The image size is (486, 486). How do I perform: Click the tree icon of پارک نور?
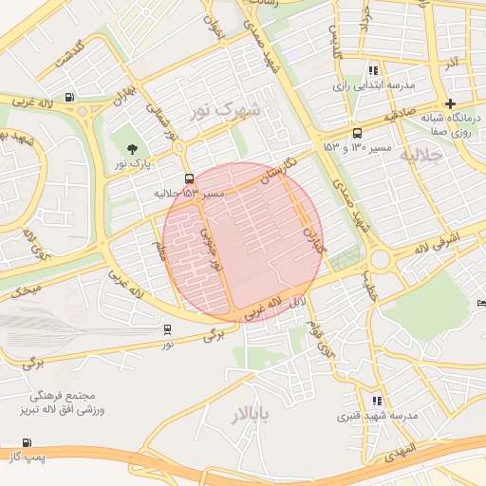click(131, 148)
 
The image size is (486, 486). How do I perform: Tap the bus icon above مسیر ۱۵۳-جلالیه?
click(189, 178)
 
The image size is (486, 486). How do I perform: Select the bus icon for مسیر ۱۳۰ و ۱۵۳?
click(357, 133)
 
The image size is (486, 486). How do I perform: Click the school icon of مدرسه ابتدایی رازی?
click(373, 69)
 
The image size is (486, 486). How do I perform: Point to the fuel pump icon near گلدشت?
click(69, 98)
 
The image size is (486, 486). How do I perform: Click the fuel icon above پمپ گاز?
click(25, 442)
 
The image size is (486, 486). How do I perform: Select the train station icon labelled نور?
click(167, 329)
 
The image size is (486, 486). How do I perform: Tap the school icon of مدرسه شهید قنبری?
click(377, 401)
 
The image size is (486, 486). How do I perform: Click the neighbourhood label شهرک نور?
click(226, 110)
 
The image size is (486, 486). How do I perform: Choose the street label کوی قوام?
click(313, 336)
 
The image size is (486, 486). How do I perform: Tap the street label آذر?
click(451, 62)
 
